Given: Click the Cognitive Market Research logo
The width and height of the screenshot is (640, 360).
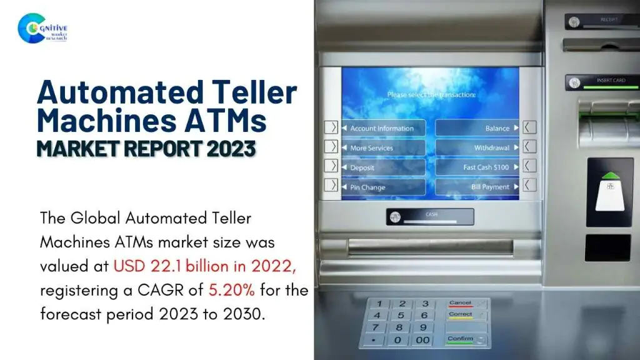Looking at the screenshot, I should (42, 29).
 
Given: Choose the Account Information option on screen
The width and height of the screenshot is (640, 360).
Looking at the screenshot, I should (382, 128).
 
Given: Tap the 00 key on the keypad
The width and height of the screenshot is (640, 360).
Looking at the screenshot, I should (423, 340).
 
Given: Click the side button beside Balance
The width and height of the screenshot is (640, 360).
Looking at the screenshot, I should (529, 127).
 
